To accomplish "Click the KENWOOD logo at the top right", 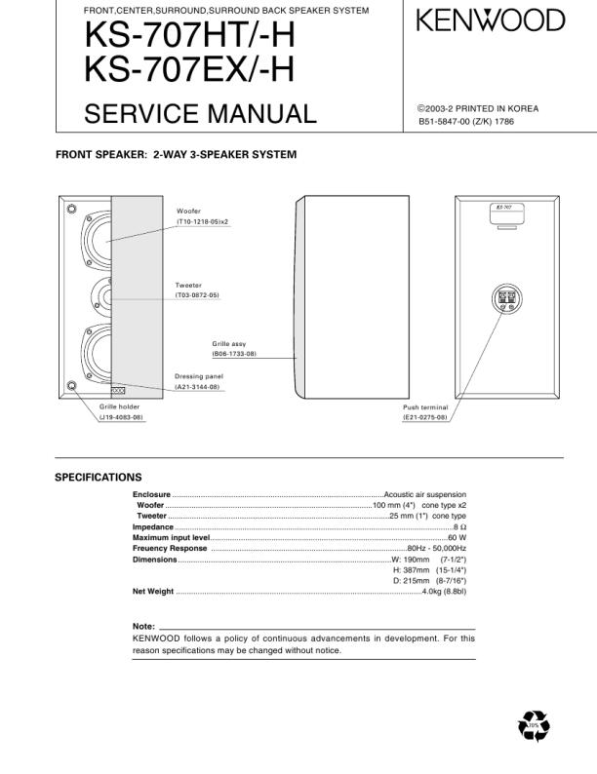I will (491, 20).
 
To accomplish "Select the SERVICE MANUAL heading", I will (201, 114).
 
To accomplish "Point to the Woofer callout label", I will (188, 212).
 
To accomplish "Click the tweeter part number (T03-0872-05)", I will (197, 294).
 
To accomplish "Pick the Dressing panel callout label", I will (199, 376).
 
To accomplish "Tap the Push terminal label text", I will (425, 406).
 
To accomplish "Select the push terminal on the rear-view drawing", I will (505, 298).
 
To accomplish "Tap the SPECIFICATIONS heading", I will (98, 478).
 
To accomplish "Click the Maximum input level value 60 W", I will (457, 537).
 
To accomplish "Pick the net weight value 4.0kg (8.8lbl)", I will (444, 591).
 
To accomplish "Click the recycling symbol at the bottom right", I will (535, 726).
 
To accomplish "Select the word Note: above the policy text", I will (143, 625).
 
